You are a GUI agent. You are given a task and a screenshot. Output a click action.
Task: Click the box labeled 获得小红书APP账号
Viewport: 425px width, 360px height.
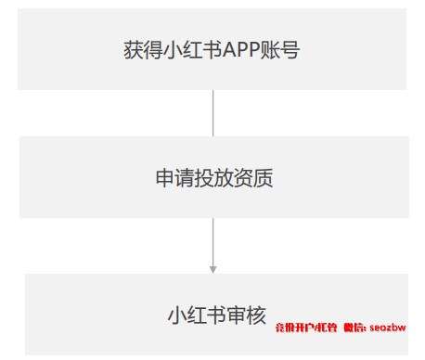212,49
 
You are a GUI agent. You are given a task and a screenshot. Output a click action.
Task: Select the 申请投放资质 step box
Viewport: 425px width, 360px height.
213,177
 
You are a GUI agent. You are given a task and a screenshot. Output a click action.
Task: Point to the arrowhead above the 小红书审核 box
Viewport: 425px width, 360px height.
213,269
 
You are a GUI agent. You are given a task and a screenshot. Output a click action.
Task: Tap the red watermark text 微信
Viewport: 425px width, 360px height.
354,328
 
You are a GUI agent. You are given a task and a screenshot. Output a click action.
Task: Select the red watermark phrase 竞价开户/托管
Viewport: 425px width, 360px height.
305,328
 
